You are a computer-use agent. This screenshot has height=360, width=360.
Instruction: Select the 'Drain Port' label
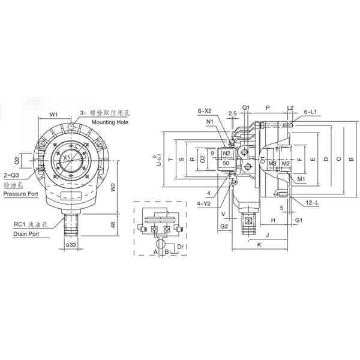[26, 234]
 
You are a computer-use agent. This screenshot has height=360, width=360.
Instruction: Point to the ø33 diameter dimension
[70, 245]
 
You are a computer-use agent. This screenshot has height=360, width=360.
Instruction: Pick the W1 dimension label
[53, 114]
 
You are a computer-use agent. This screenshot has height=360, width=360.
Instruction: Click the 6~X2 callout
[206, 111]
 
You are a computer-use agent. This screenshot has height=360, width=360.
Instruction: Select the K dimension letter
[259, 245]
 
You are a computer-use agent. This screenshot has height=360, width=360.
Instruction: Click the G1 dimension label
[298, 221]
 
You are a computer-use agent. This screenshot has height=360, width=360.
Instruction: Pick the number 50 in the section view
[226, 163]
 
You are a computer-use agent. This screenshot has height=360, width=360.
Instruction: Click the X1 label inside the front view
[68, 157]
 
